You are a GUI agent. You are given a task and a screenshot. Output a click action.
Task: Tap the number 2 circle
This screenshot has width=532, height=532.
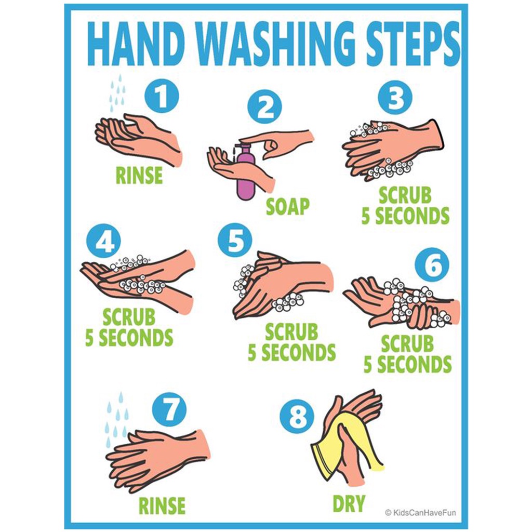(264, 107)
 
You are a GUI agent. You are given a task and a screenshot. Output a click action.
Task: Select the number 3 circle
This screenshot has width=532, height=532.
(395, 98)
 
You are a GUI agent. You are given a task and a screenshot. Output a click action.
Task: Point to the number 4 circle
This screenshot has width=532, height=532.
(104, 242)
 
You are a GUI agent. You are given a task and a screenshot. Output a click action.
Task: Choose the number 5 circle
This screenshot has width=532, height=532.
(234, 241)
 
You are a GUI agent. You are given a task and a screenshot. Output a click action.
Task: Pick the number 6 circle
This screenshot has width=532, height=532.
(432, 265)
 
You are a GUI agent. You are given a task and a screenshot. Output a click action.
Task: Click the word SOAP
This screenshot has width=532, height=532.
(287, 206)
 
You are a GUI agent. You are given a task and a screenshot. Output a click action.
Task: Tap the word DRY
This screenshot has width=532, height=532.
(349, 503)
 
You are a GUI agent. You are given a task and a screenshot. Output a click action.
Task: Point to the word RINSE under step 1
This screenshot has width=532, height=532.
(139, 176)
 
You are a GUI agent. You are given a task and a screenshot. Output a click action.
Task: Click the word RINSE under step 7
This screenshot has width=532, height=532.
(162, 505)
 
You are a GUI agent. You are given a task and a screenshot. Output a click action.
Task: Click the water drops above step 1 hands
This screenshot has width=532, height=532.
(117, 92)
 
